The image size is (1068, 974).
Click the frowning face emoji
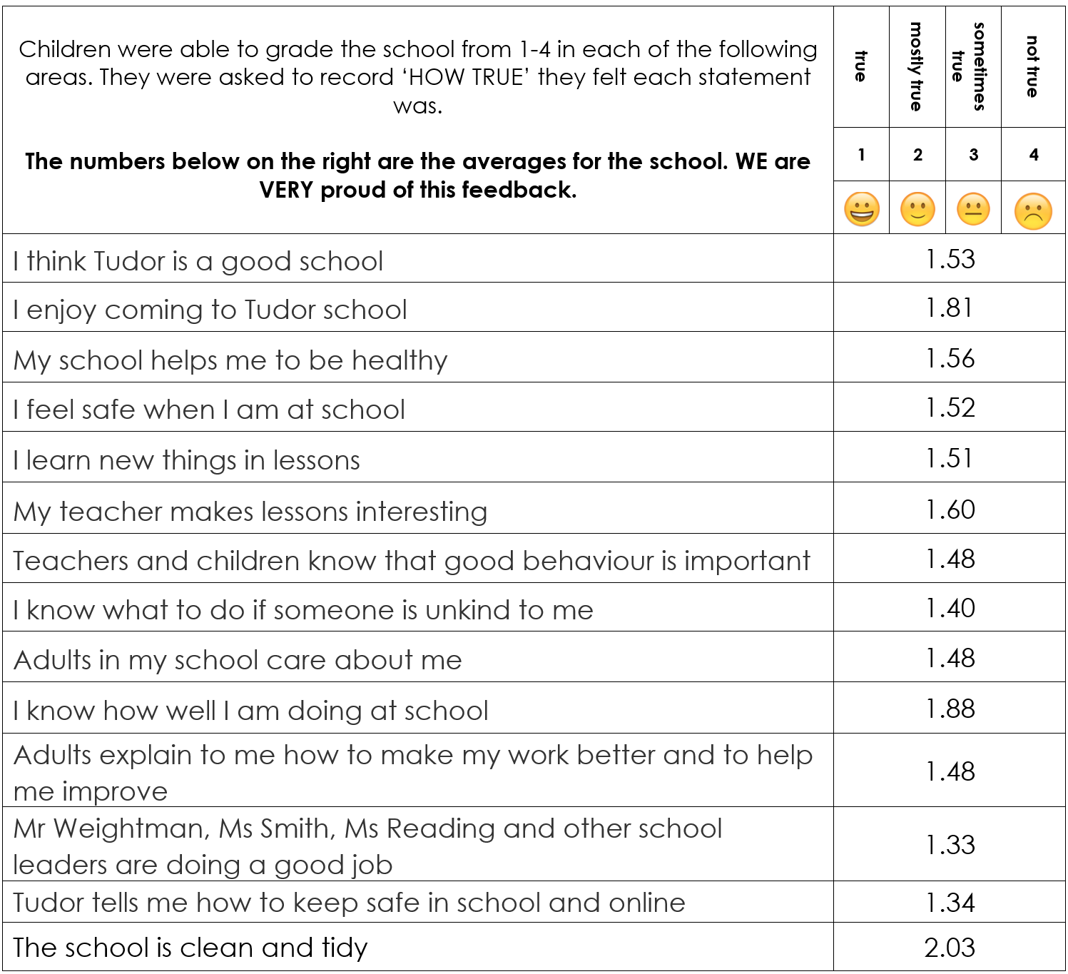pos(1033,211)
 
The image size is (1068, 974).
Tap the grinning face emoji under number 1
pos(861,210)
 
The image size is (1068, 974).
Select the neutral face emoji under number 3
pos(973,210)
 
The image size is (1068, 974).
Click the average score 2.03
pos(950,948)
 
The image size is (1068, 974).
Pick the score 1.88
pos(950,709)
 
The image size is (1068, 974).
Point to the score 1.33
pos(950,845)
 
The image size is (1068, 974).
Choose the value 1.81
pos(950,308)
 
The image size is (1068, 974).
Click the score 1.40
pos(950,608)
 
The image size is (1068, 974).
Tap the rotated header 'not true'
pos(1032,66)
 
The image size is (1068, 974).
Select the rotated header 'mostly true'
pos(917,66)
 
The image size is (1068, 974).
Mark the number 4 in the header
pos(1034,155)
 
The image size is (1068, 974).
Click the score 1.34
pos(950,903)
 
